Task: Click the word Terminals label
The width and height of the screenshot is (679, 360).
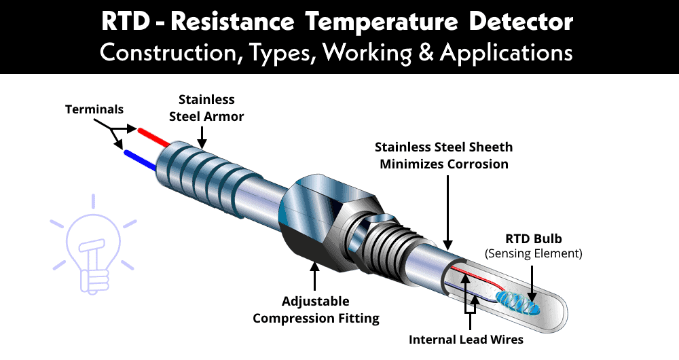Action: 94,109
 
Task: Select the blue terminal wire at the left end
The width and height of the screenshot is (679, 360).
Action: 141,158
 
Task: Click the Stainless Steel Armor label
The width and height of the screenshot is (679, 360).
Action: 206,108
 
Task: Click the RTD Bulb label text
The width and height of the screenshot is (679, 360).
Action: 534,239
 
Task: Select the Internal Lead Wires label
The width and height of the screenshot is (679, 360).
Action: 466,339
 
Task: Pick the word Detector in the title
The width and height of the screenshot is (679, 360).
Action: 520,22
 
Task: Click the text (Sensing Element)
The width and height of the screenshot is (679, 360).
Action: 534,254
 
